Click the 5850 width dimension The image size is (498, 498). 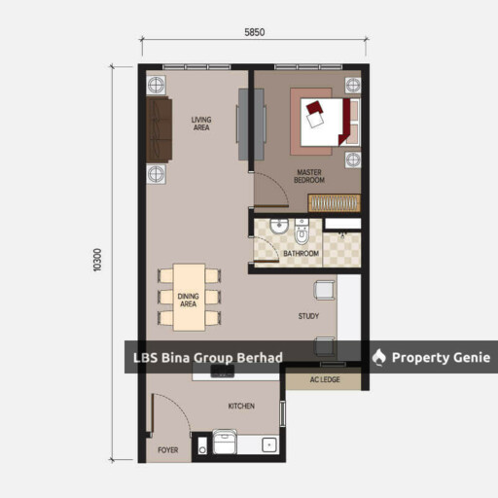pyautogui.click(x=254, y=32)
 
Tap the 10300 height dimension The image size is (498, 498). pyautogui.click(x=97, y=260)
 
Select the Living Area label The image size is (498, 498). pyautogui.click(x=201, y=124)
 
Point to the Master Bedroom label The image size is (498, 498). pyautogui.click(x=309, y=176)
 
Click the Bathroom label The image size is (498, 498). pyautogui.click(x=301, y=253)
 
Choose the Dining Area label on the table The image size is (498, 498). pyautogui.click(x=189, y=300)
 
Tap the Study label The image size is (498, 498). pyautogui.click(x=308, y=316)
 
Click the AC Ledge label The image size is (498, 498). pyautogui.click(x=325, y=379)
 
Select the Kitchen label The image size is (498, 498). pyautogui.click(x=241, y=406)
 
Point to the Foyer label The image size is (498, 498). pyautogui.click(x=168, y=450)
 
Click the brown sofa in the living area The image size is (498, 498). pyautogui.click(x=159, y=129)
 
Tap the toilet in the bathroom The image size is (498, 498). pyautogui.click(x=302, y=231)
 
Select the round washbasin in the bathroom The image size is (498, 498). pyautogui.click(x=279, y=226)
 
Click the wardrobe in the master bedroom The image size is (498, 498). pyautogui.click(x=335, y=203)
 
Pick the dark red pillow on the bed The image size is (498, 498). pyautogui.click(x=314, y=107)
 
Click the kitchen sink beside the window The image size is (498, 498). pyautogui.click(x=269, y=445)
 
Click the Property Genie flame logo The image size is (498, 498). pyautogui.click(x=378, y=357)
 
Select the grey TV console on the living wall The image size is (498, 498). pyautogui.click(x=251, y=124)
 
